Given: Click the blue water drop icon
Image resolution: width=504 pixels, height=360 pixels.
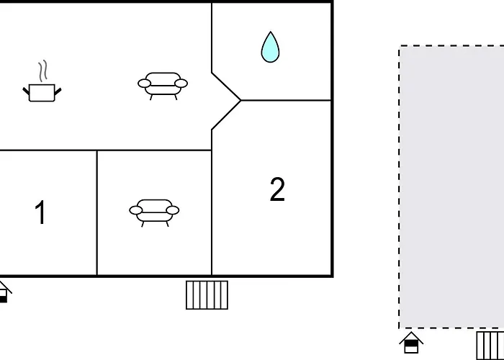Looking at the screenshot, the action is coord(270,48).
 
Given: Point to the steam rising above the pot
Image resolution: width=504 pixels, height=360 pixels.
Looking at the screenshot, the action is coord(43,71).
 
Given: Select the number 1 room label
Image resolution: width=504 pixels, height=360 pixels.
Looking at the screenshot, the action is coord(40,212).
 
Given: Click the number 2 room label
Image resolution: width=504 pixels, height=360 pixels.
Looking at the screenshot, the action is coord(277,189).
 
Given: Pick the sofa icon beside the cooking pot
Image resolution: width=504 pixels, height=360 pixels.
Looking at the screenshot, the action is coord(163,86).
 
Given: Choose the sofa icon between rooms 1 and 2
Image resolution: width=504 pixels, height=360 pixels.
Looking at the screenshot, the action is coord(154,213).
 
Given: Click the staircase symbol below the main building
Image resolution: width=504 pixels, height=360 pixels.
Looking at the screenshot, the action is coord(207,295).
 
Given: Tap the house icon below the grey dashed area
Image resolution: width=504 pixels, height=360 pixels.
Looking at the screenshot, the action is coord(411,342).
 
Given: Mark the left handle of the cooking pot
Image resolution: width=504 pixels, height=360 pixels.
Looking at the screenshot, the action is coord(26,91).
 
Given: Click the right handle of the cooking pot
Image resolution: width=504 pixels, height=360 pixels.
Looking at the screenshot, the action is coord(58,91).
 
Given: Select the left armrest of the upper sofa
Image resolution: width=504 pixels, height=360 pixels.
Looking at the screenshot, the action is coord(144,84).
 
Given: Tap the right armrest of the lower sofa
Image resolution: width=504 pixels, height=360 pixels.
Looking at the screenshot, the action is coord(173,210).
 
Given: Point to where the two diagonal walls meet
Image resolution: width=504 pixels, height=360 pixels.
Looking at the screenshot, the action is coord(240,101).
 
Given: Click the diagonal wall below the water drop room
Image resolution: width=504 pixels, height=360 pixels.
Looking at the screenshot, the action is coord(226,86).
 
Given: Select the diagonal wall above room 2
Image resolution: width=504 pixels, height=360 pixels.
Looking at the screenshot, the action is coord(226,115).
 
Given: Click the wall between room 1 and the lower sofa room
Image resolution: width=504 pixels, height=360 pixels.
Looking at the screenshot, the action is coord(97,213).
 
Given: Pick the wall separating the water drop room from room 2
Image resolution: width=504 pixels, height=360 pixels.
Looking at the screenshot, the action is coord(286,101).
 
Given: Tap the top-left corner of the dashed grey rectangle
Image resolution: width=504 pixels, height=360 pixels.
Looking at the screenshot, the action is coord(400,46).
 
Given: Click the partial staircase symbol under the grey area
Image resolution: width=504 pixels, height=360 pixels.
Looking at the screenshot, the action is coord(490,346).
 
